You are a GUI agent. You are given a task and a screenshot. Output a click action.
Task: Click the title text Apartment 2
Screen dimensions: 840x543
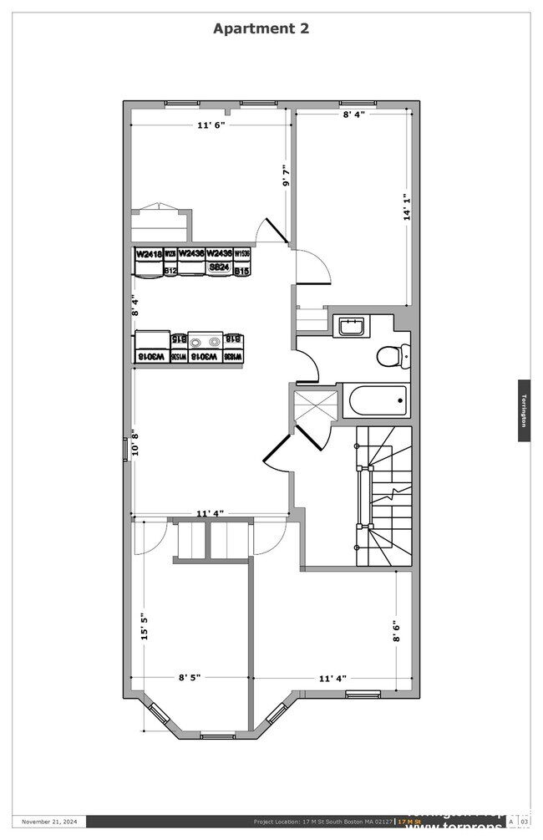(x=261, y=28)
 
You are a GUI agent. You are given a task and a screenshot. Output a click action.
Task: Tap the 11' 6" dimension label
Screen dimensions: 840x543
(x=211, y=125)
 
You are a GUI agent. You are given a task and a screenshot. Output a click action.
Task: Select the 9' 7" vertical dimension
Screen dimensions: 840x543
(x=286, y=175)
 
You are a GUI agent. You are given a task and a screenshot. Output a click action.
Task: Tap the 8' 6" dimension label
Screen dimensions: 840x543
(x=396, y=630)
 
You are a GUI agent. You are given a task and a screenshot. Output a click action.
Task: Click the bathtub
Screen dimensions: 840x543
(x=378, y=400)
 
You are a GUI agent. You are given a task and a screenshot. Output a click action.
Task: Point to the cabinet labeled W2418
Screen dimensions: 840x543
(x=149, y=254)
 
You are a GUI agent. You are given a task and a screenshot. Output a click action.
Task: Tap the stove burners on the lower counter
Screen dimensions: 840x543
(x=205, y=341)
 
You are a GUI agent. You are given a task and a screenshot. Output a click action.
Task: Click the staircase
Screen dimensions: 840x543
(x=384, y=497)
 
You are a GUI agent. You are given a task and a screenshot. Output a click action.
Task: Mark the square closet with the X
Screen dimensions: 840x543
(x=316, y=405)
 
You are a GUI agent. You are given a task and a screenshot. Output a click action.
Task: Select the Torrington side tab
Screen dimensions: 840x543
(x=524, y=410)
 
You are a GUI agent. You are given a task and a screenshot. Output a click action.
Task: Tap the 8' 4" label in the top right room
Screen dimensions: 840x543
(x=353, y=115)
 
